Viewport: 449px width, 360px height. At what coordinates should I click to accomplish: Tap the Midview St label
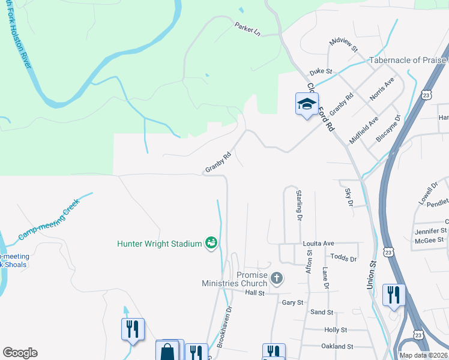click(x=343, y=44)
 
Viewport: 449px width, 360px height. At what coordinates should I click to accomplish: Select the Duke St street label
click(x=321, y=71)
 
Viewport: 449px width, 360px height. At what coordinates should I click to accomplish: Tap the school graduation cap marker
click(x=307, y=104)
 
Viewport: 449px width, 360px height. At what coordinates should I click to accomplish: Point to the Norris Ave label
click(x=382, y=87)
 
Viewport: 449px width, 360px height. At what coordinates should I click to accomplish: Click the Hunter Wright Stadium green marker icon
click(x=211, y=243)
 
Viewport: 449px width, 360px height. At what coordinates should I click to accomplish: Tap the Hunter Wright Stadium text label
click(x=159, y=244)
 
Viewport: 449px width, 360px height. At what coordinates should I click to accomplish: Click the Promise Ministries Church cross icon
click(x=276, y=278)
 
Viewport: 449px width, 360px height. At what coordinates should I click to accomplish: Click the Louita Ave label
click(x=318, y=244)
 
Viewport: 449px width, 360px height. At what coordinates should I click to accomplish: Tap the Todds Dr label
click(x=343, y=259)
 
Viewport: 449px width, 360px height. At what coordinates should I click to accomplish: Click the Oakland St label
click(x=337, y=347)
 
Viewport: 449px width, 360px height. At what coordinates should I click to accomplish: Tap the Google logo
click(x=19, y=353)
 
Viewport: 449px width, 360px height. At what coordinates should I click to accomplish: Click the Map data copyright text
click(x=423, y=355)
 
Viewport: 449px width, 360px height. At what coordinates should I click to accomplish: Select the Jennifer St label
click(x=430, y=230)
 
